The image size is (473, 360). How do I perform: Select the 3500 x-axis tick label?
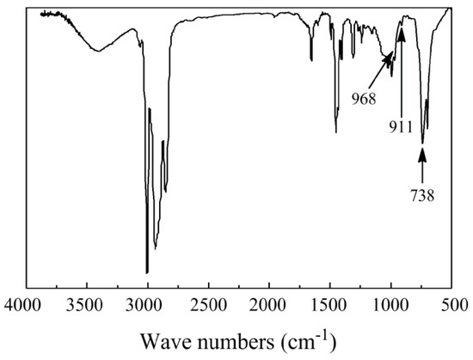point(86,304)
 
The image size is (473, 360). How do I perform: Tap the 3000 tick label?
point(147,304)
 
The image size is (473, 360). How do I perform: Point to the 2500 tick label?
point(208,304)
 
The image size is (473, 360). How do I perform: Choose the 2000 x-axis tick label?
point(269,304)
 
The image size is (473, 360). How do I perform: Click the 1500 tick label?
point(330,304)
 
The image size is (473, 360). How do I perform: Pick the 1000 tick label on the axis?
point(391,304)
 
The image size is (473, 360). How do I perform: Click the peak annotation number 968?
point(364,97)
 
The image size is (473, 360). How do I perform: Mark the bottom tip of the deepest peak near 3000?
point(147,272)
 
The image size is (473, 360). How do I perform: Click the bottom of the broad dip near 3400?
point(97,51)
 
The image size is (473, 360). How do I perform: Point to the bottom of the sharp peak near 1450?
point(336,132)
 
